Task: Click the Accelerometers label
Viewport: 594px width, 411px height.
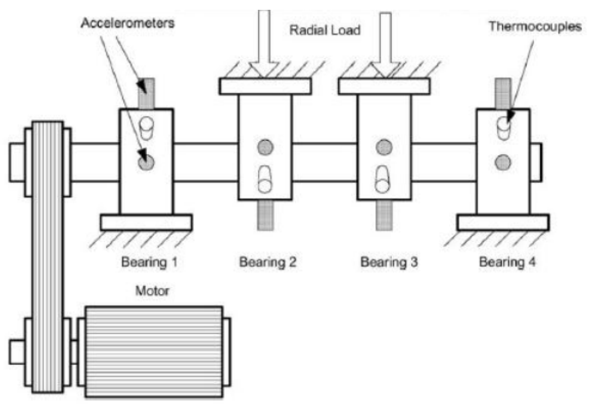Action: point(128,23)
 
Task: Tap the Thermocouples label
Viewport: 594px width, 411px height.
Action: point(535,26)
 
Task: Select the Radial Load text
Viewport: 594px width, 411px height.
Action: point(325,30)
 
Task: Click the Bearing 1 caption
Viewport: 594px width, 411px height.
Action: point(149,262)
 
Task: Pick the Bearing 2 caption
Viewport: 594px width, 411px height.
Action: point(268,262)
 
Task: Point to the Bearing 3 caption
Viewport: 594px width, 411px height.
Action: point(389,262)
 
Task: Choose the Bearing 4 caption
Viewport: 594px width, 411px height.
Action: point(507,262)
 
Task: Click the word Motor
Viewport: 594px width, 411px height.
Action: point(152,291)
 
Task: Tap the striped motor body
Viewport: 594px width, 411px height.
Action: point(154,352)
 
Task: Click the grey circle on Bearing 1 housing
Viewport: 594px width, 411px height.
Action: point(146,162)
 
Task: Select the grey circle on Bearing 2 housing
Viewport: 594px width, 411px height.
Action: point(265,147)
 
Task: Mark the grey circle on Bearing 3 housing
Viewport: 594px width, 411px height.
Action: point(384,147)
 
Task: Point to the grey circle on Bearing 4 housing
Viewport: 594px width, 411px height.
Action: point(503,162)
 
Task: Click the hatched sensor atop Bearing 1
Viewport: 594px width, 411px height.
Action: point(146,94)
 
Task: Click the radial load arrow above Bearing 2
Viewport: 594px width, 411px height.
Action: point(264,43)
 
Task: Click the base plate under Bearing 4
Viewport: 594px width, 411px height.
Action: point(503,223)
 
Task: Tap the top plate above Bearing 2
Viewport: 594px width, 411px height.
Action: point(265,86)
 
